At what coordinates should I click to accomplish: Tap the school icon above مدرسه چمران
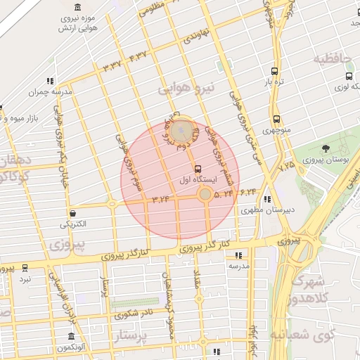tap(50, 81)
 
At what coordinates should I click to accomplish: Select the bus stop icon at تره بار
tap(274, 71)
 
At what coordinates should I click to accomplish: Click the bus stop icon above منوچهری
tap(276, 119)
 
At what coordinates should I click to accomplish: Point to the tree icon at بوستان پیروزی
tap(326, 148)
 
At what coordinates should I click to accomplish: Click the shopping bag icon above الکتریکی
tap(72, 213)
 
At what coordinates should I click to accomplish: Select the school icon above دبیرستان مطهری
tap(266, 199)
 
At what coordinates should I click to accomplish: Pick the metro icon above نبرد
tap(25, 268)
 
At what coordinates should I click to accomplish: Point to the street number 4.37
tap(138, 56)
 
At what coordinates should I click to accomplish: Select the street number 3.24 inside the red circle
tap(160, 199)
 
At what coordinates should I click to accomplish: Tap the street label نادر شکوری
tap(136, 314)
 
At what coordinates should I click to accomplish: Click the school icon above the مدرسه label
tap(238, 255)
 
